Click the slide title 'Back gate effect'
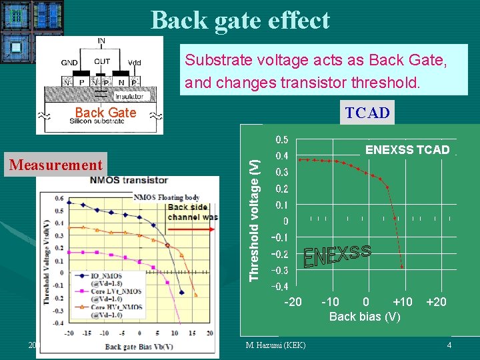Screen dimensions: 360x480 pyautogui.click(x=240, y=20)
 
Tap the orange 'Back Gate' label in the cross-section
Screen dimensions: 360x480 pyautogui.click(x=105, y=113)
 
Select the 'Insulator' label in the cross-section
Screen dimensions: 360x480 pyautogui.click(x=128, y=97)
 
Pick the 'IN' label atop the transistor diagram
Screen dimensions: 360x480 pyautogui.click(x=101, y=41)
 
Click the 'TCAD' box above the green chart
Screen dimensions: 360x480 pyautogui.click(x=367, y=113)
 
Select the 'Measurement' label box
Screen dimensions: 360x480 pyautogui.click(x=56, y=165)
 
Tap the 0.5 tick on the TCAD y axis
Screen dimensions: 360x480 pyautogui.click(x=282, y=140)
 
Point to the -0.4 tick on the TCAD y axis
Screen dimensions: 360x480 pyautogui.click(x=280, y=287)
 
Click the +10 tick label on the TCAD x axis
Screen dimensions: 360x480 pyautogui.click(x=402, y=302)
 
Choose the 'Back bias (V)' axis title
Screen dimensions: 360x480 pyautogui.click(x=365, y=317)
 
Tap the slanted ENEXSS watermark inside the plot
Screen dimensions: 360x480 pyautogui.click(x=337, y=256)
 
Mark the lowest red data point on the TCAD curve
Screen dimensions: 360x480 pyautogui.click(x=402, y=266)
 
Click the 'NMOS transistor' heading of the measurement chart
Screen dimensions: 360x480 pyautogui.click(x=129, y=180)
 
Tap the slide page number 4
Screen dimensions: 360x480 pyautogui.click(x=449, y=345)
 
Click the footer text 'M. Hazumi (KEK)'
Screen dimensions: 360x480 pyautogui.click(x=275, y=345)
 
